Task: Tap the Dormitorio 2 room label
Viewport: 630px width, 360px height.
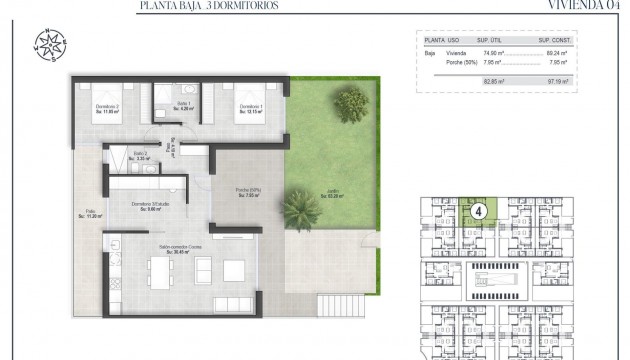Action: click(x=94, y=109)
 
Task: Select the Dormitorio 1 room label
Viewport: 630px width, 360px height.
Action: click(x=250, y=109)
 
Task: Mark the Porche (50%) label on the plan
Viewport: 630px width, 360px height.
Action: click(x=249, y=193)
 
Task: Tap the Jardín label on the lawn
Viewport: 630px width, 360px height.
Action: click(x=332, y=194)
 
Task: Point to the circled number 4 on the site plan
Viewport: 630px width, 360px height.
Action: click(x=480, y=211)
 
